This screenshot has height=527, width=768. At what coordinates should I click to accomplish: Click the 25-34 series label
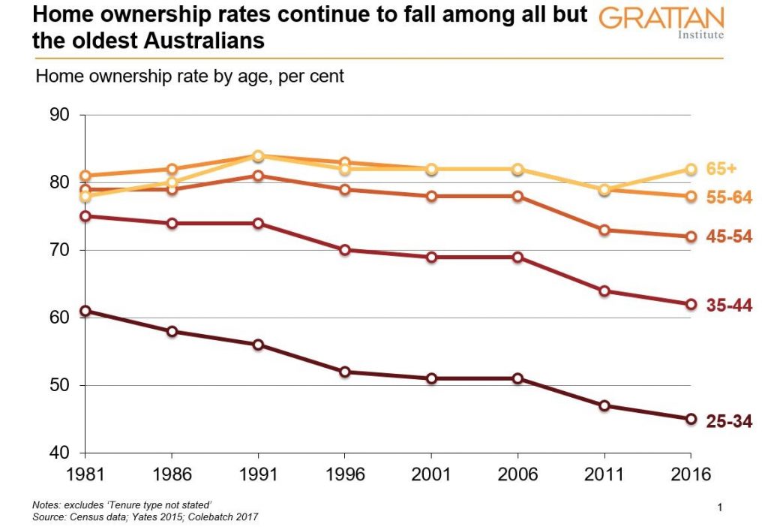(729, 421)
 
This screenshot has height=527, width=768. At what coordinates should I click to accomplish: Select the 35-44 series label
(729, 306)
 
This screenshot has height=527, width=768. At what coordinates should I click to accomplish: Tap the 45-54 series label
(729, 237)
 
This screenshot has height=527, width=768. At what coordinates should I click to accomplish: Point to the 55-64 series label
(729, 197)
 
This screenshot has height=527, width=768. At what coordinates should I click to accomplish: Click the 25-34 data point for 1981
(85, 311)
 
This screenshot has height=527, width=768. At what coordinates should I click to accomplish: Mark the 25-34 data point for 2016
(690, 419)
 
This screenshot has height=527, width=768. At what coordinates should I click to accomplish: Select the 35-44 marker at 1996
(344, 250)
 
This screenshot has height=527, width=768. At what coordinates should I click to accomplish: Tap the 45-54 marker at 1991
(258, 176)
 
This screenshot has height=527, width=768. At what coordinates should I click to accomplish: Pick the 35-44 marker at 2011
(604, 291)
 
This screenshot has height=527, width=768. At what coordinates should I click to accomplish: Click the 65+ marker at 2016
(690, 169)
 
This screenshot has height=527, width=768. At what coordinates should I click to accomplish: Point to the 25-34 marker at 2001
(431, 378)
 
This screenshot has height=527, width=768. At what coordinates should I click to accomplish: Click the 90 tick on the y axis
(58, 115)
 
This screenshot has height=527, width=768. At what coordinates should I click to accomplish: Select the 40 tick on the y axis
(58, 453)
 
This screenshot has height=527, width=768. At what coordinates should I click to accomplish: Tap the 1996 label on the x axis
(344, 475)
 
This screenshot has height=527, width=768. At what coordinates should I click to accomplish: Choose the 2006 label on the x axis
(517, 475)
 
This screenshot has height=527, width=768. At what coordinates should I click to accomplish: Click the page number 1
(719, 508)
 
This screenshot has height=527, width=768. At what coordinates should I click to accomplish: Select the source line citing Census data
(146, 517)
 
